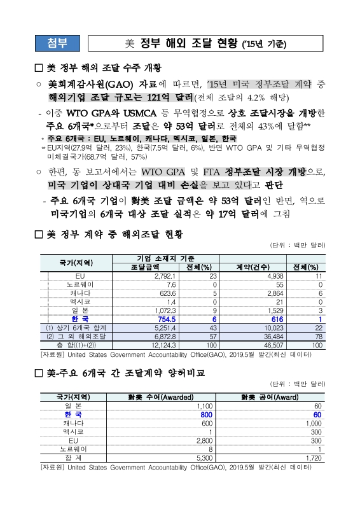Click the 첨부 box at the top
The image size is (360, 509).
tap(55, 44)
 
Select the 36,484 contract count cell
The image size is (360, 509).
tap(263, 335)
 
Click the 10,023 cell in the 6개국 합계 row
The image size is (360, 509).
tap(262, 327)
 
